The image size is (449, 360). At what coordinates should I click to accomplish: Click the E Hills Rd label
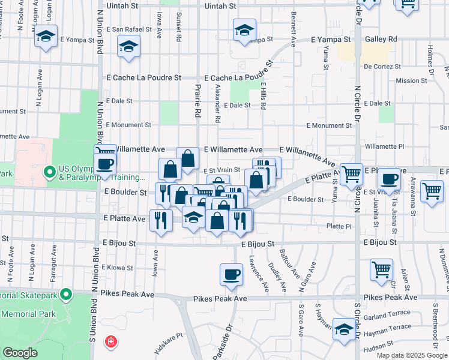[x=263, y=97]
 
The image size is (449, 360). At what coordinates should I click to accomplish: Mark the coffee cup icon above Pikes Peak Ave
[x=231, y=275]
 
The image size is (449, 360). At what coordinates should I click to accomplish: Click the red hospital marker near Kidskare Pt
[x=110, y=343]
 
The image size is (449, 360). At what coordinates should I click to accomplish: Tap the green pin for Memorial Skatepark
[x=66, y=295]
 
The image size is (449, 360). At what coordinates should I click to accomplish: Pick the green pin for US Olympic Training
[x=50, y=173]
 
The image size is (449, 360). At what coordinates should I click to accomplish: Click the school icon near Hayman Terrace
[x=344, y=329]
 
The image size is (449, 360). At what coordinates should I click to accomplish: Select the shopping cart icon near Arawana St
[x=432, y=191]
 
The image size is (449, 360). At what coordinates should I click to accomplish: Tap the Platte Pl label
[x=339, y=226]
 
